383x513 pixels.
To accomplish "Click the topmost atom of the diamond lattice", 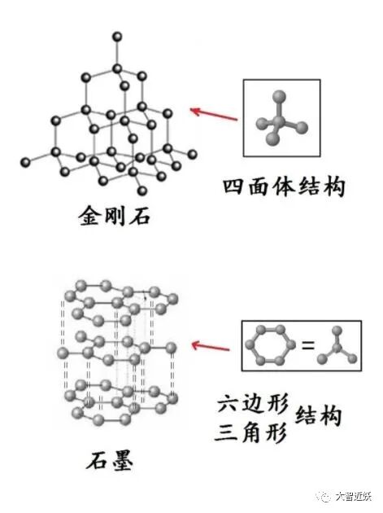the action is click(x=117, y=37).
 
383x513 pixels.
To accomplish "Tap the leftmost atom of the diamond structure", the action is click(x=25, y=161).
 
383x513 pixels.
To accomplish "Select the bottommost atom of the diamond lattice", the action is click(x=141, y=190).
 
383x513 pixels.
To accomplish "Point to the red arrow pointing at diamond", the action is click(x=214, y=114).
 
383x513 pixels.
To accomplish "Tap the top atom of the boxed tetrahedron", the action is click(x=280, y=97).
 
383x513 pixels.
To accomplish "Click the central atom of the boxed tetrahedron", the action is click(x=279, y=121).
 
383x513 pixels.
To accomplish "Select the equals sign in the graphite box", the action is click(x=307, y=345).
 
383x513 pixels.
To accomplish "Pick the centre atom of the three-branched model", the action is click(x=337, y=347).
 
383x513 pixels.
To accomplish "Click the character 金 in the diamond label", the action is click(x=89, y=216).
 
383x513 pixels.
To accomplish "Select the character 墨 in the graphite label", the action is click(x=121, y=461).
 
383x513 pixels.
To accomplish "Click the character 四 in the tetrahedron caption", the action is click(x=234, y=186).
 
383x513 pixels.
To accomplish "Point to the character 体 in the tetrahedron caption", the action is click(x=284, y=186).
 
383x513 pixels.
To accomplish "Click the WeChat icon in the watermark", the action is click(x=324, y=497).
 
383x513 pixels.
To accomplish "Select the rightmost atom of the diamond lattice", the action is click(x=193, y=154).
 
